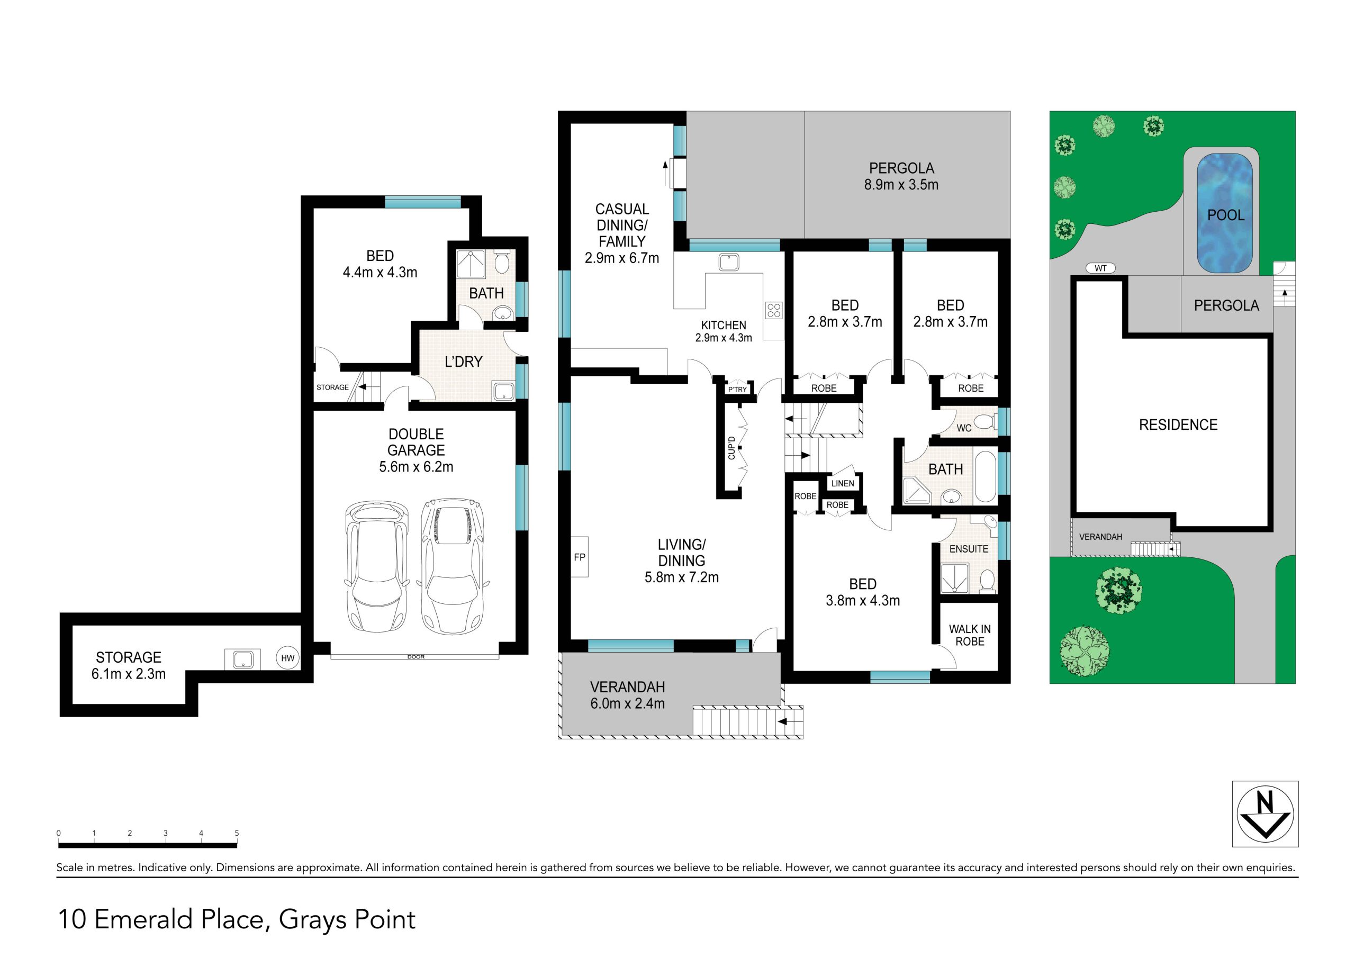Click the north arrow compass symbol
(x=1266, y=814)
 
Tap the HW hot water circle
(x=287, y=658)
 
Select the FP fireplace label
(x=580, y=557)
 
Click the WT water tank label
(x=1100, y=268)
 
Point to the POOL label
(x=1226, y=215)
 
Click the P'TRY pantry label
(x=737, y=390)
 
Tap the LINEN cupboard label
(x=842, y=483)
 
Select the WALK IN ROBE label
(x=970, y=635)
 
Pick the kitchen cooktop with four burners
(x=774, y=310)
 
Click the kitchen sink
(x=729, y=261)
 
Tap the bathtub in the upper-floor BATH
(x=984, y=476)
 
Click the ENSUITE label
(x=969, y=549)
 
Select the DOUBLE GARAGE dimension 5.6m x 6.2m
(x=416, y=467)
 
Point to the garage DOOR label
(x=415, y=657)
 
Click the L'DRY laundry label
(x=463, y=361)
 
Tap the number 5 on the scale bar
(x=237, y=833)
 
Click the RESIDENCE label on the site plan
(x=1178, y=424)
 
